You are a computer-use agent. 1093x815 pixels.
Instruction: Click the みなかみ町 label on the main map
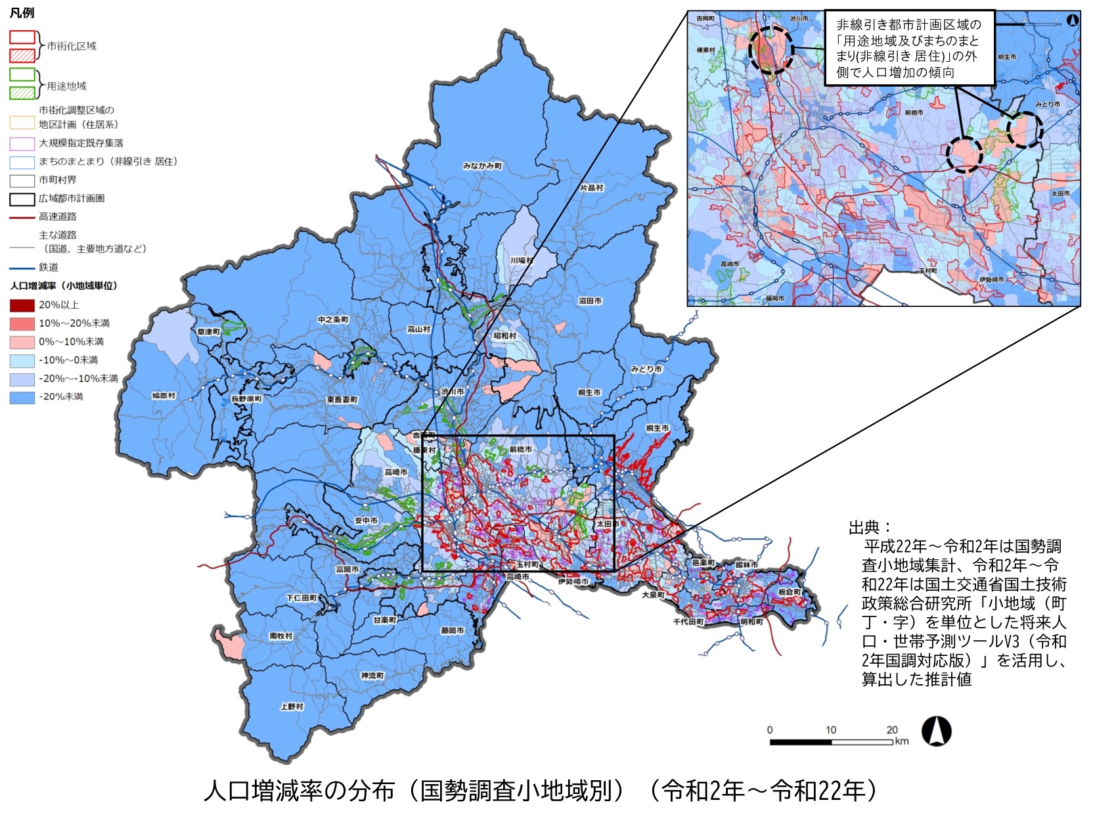[x=482, y=166]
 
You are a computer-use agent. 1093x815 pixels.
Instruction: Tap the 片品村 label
[x=591, y=188]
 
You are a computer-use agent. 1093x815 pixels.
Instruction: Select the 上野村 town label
[x=292, y=707]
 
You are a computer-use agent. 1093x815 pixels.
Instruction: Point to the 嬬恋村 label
[x=164, y=396]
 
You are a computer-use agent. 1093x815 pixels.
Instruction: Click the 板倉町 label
[x=790, y=592]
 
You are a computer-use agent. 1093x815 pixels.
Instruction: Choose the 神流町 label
[x=372, y=676]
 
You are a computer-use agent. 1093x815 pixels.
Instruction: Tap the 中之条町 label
[x=333, y=319]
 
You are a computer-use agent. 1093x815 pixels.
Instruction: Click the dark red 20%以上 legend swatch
[x=22, y=305]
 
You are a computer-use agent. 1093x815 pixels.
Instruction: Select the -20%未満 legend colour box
[x=22, y=397]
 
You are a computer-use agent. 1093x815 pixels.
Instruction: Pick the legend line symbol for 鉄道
[x=22, y=268]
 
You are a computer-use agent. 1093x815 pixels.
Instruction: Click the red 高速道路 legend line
[x=22, y=217]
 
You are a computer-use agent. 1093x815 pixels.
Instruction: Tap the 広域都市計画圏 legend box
[x=22, y=198]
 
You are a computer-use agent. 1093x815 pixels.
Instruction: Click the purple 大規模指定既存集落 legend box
[x=22, y=143]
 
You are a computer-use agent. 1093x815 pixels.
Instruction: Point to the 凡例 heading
[x=22, y=13]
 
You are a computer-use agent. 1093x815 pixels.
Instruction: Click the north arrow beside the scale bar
[x=936, y=732]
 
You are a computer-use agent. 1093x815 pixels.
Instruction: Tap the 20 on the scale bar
[x=891, y=730]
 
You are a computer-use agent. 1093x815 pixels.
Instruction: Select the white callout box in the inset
[x=909, y=48]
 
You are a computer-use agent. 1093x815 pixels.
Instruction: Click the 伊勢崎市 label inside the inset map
[x=991, y=280]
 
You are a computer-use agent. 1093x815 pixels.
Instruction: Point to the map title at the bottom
[x=540, y=791]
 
